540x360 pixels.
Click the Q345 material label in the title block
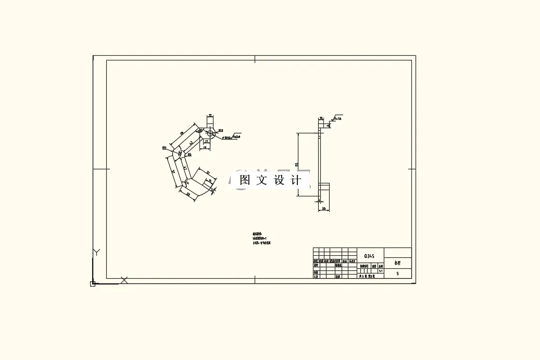point(369,256)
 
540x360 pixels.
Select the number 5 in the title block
point(397,274)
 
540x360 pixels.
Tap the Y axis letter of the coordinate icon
point(96,252)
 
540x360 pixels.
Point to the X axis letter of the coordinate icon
point(124,280)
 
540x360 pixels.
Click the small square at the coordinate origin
point(93,284)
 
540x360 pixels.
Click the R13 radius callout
point(221,131)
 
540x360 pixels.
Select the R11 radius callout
point(165,148)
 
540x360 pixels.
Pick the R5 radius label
point(190,154)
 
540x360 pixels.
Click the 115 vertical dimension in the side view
point(296,165)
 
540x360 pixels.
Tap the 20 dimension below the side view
point(323,209)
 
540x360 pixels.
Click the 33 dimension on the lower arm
point(188,193)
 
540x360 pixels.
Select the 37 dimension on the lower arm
point(207,172)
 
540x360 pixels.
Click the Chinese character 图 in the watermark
point(245,180)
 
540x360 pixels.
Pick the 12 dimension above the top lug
point(210,115)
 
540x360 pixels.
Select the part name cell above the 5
point(397,263)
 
